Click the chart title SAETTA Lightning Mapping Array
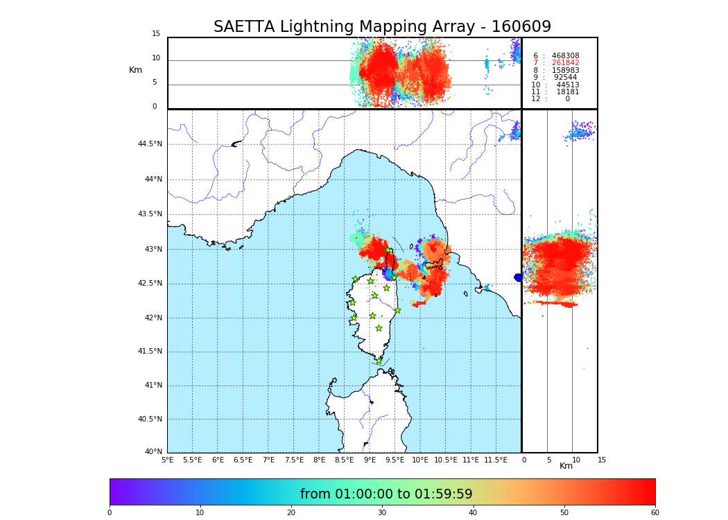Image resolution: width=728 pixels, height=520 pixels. [382, 27]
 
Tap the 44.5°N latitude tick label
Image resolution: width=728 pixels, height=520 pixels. [150, 144]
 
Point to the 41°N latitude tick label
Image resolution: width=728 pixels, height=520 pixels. [153, 385]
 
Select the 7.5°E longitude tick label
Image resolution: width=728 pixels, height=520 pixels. [293, 460]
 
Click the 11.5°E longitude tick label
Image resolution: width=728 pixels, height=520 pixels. [496, 460]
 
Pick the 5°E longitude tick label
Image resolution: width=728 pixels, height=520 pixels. [168, 460]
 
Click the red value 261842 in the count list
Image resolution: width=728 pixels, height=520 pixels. [565, 63]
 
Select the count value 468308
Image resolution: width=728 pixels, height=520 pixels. [565, 56]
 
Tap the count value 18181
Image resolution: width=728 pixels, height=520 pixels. [567, 92]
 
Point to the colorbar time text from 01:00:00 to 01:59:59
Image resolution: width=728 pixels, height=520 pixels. [386, 494]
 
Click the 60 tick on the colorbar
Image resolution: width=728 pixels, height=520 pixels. [655, 513]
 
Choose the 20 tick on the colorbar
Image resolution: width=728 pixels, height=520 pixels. [291, 513]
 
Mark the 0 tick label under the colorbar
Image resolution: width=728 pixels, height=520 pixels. [110, 513]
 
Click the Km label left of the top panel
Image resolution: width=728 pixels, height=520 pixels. [135, 70]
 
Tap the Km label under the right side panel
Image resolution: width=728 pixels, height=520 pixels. [566, 466]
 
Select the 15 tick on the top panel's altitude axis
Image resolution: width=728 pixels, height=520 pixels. [156, 34]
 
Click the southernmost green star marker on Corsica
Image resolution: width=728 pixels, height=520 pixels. [379, 361]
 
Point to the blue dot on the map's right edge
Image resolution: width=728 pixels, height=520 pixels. [518, 277]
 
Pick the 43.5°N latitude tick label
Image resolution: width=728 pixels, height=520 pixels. [150, 214]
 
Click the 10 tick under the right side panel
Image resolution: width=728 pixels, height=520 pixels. [576, 460]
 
